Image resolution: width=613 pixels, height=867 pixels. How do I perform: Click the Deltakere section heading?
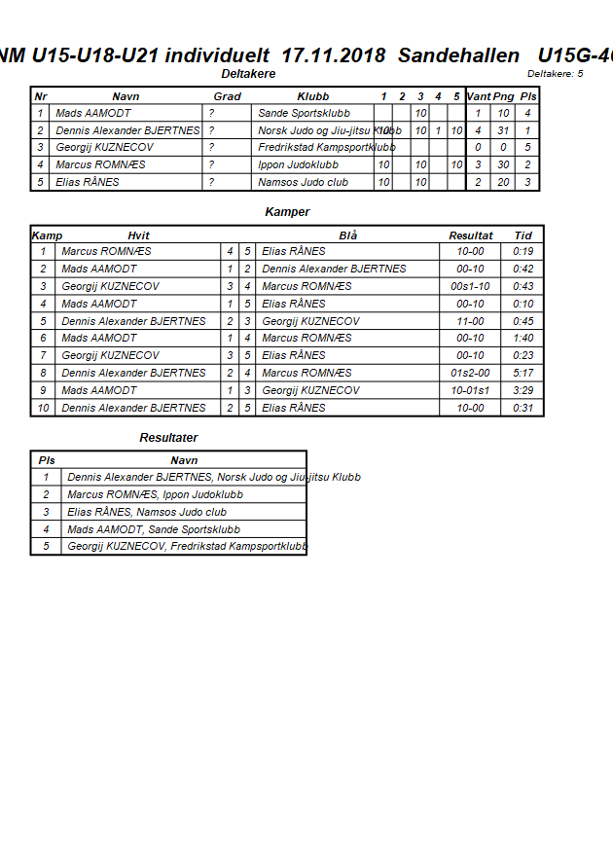pyautogui.click(x=249, y=74)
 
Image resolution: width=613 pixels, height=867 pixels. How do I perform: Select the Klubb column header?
pyautogui.click(x=312, y=96)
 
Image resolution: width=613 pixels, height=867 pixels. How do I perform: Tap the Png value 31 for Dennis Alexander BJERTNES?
pyautogui.click(x=503, y=130)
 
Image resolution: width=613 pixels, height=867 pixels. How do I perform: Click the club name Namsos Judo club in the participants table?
pyautogui.click(x=304, y=182)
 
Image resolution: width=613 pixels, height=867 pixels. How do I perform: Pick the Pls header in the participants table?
pyautogui.click(x=527, y=96)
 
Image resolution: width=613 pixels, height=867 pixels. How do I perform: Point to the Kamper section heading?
pyautogui.click(x=287, y=212)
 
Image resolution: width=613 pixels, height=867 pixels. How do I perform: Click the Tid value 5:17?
pyautogui.click(x=523, y=373)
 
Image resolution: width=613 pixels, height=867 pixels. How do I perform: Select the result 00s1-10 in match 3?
pyautogui.click(x=470, y=286)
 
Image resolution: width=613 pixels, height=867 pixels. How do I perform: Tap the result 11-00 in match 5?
pyautogui.click(x=470, y=321)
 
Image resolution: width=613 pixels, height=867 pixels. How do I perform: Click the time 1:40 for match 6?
pyautogui.click(x=523, y=339)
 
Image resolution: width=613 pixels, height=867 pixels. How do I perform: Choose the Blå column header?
pyautogui.click(x=348, y=235)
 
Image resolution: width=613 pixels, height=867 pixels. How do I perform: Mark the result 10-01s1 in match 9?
pyautogui.click(x=470, y=390)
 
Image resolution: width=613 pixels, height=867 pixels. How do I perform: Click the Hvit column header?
pyautogui.click(x=138, y=235)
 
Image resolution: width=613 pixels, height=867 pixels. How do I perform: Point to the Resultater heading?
pyautogui.click(x=168, y=438)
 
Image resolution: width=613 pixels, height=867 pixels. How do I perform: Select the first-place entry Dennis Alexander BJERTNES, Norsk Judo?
pyautogui.click(x=213, y=477)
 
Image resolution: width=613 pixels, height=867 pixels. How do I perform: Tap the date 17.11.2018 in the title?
pyautogui.click(x=332, y=55)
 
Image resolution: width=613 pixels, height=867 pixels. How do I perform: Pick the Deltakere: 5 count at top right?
pyautogui.click(x=555, y=74)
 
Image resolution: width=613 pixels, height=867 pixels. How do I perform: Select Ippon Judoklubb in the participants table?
pyautogui.click(x=298, y=164)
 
